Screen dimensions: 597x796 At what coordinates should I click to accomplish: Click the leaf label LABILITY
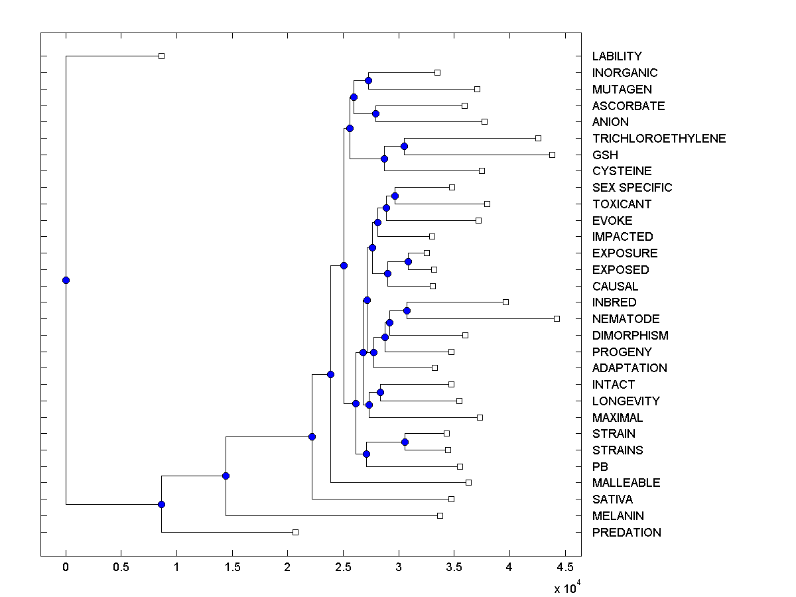point(617,56)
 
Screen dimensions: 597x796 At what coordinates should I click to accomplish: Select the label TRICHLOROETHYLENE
point(659,139)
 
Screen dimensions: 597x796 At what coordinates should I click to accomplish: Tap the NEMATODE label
point(626,319)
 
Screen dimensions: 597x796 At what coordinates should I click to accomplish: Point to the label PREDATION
point(626,533)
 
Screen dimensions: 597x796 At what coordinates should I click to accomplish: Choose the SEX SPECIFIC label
point(632,188)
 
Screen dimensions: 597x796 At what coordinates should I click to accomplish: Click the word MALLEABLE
point(626,483)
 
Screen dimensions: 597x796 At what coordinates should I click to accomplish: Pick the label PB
point(600,467)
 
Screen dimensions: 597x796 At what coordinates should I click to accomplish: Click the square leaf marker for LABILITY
point(161,56)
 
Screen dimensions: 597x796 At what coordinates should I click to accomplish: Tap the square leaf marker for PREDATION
point(296,532)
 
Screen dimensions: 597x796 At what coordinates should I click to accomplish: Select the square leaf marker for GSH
point(552,155)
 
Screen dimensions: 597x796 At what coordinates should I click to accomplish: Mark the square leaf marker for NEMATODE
point(557,319)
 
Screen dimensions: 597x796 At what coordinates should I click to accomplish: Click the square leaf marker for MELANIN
point(440,515)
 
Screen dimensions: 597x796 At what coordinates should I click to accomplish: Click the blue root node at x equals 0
point(66,280)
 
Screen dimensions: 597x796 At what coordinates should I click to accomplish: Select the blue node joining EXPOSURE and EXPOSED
point(408,261)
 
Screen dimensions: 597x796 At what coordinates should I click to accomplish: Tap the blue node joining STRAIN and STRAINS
point(405,442)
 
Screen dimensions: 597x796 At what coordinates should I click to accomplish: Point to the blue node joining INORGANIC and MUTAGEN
point(368,81)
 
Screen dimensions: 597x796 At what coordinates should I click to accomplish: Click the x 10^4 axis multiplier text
point(566,588)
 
